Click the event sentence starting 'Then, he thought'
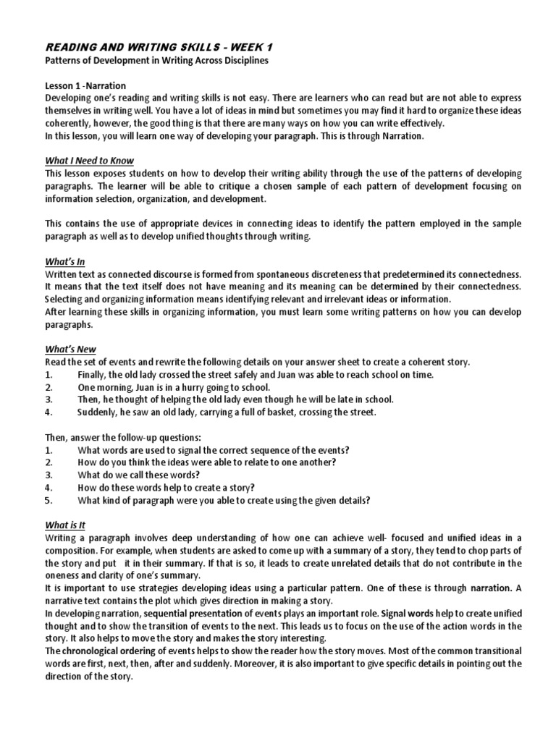pyautogui.click(x=235, y=399)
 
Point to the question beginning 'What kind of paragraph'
pyautogui.click(x=224, y=500)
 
